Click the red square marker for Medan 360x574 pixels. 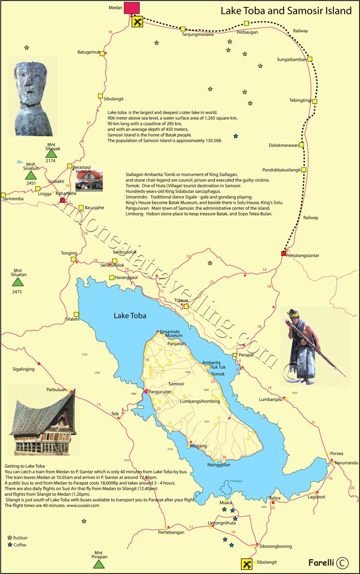pyautogui.click(x=131, y=8)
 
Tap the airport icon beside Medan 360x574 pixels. pyautogui.click(x=138, y=21)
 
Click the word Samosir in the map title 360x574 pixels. pyautogui.click(x=289, y=11)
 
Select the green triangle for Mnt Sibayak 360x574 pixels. pyautogui.click(x=51, y=153)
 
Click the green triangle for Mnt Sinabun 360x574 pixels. pyautogui.click(x=30, y=175)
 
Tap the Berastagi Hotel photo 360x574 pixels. pyautogui.click(x=89, y=180)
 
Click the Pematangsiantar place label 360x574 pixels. pyautogui.click(x=303, y=256)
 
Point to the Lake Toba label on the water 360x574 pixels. pyautogui.click(x=130, y=316)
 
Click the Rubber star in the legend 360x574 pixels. pyautogui.click(x=10, y=538)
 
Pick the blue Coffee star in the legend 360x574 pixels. pyautogui.click(x=10, y=545)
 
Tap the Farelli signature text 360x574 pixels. pyautogui.click(x=321, y=562)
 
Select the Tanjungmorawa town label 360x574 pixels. pyautogui.click(x=197, y=34)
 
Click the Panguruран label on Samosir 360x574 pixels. pyautogui.click(x=161, y=392)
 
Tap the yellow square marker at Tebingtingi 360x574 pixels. pyautogui.click(x=315, y=101)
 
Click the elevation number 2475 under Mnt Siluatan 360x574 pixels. pyautogui.click(x=17, y=292)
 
